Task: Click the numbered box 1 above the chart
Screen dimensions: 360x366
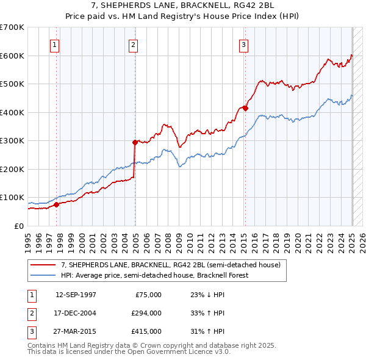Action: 55,44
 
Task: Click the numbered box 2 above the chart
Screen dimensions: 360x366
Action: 133,44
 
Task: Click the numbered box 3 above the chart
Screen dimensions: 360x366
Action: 243,44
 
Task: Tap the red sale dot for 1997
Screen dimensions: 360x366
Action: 57,204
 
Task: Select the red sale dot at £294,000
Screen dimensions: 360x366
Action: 135,142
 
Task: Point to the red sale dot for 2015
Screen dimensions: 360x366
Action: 245,108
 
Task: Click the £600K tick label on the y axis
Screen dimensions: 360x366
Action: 12,56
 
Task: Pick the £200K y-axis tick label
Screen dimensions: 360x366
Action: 12,169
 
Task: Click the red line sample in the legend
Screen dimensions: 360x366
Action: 43,265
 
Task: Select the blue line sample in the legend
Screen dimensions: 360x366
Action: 43,275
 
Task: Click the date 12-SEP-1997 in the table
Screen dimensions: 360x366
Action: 76,294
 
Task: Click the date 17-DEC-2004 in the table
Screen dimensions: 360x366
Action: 76,312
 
